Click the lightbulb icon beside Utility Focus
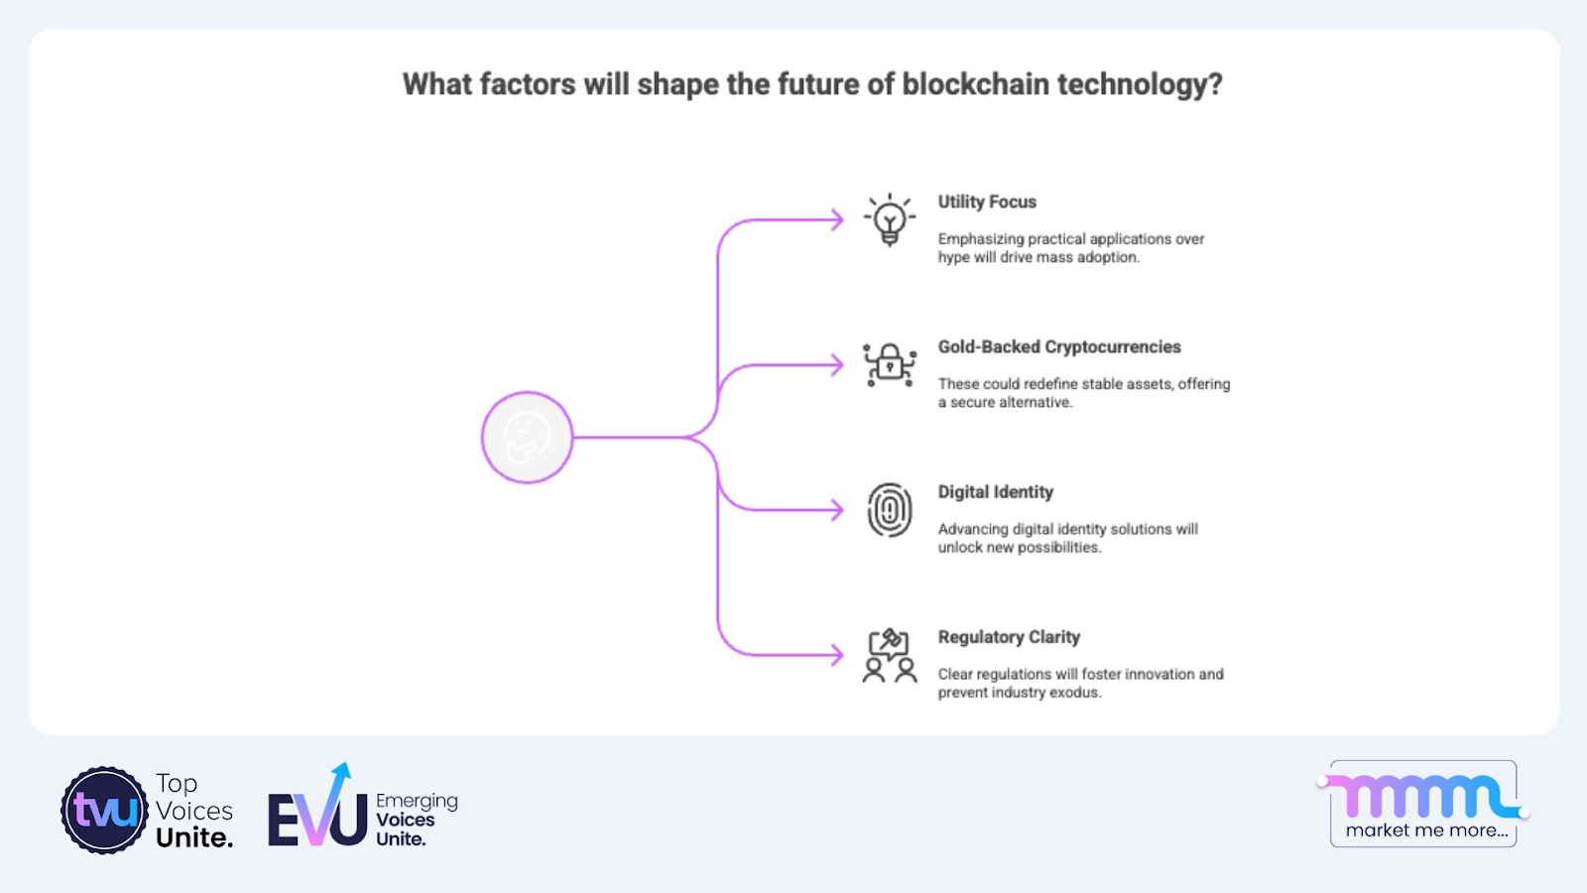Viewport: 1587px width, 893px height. click(x=889, y=219)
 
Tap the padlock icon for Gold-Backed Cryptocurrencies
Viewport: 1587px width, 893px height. click(x=889, y=365)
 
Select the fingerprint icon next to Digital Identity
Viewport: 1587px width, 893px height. click(x=889, y=510)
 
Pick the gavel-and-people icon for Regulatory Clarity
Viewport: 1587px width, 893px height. click(x=889, y=656)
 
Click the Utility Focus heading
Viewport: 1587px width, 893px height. click(x=987, y=202)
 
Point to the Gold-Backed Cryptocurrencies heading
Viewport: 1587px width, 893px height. click(x=1059, y=346)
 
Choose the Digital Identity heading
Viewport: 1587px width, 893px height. click(x=996, y=492)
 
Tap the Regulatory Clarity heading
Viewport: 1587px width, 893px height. click(x=1009, y=637)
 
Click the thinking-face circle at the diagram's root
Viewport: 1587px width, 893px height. click(x=527, y=438)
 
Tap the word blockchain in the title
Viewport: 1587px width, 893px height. click(x=975, y=83)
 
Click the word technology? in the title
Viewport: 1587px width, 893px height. click(x=1140, y=85)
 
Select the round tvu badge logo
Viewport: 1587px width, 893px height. click(x=104, y=810)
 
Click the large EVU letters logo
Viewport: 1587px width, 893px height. click(x=317, y=808)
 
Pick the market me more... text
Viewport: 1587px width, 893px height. click(x=1426, y=829)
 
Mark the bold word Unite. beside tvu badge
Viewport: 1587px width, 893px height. click(x=194, y=837)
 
